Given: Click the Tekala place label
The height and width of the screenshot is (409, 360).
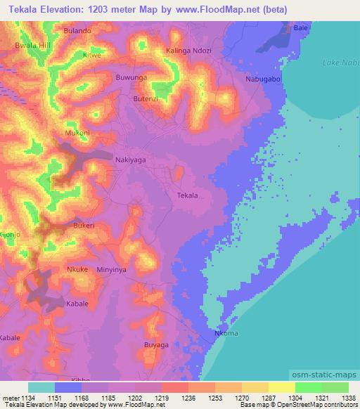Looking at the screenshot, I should tap(187, 195).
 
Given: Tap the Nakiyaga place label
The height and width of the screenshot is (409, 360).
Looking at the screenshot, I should tap(130, 160).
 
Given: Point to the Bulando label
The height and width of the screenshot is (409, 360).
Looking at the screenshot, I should tap(77, 32).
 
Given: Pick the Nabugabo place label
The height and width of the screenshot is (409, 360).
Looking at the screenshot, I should tap(263, 79).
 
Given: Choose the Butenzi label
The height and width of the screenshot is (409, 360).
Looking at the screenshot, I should tap(146, 99).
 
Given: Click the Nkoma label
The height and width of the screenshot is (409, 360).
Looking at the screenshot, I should tap(226, 334).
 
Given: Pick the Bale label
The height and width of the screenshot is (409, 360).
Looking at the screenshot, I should tap(301, 27).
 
